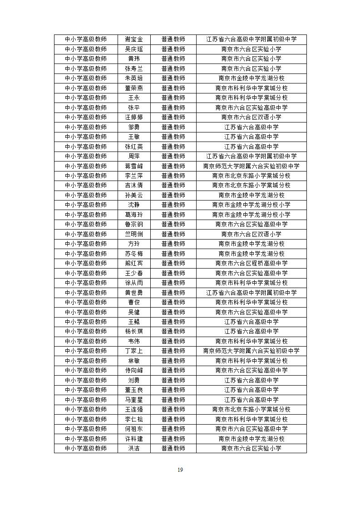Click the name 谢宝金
(x=134, y=39)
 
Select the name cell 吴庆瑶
(x=134, y=49)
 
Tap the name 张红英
(x=134, y=147)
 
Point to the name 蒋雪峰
(x=134, y=166)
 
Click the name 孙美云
(x=134, y=195)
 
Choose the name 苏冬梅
(x=134, y=254)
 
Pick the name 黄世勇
(x=134, y=293)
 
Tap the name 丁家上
(x=134, y=351)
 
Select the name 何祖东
(x=134, y=429)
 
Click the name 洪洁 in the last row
(x=134, y=449)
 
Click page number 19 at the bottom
(x=180, y=470)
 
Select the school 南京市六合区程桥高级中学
(x=252, y=264)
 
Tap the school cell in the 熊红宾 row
(x=252, y=264)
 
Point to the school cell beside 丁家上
(x=252, y=351)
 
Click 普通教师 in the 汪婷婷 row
(x=173, y=117)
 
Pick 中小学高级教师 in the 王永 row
(x=86, y=98)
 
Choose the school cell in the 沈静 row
(x=252, y=205)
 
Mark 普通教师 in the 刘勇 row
(x=173, y=380)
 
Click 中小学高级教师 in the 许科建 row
(x=86, y=439)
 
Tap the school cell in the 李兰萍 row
(x=252, y=176)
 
